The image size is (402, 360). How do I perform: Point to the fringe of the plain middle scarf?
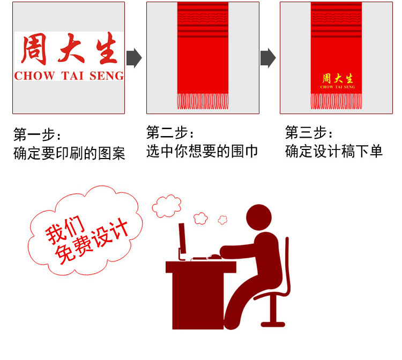(202, 101)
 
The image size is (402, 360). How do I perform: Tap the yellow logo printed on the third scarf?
(338, 80)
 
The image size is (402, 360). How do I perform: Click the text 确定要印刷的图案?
(69, 154)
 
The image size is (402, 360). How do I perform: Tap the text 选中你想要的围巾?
(202, 151)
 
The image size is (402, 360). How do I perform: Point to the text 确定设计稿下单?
(334, 151)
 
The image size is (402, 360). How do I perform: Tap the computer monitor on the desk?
(182, 239)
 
